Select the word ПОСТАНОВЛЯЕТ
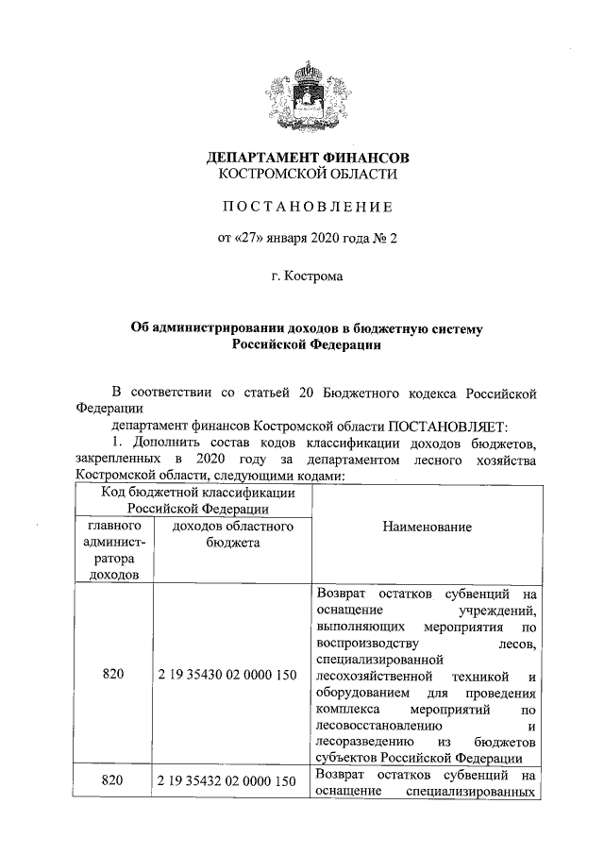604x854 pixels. click(x=444, y=426)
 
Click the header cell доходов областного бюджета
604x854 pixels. click(x=233, y=534)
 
